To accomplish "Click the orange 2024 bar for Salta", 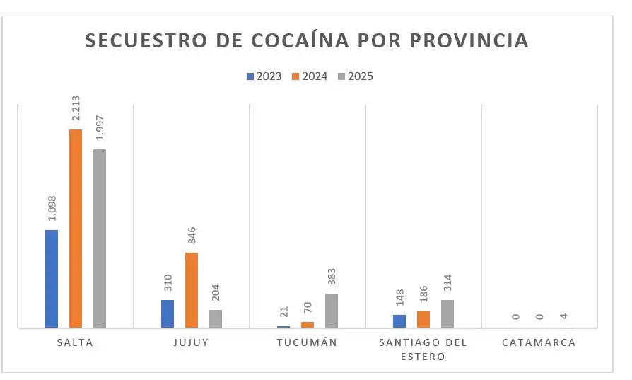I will point(75,229).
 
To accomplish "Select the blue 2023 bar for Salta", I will point(52,279).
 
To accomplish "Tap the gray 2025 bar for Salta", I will point(99,238).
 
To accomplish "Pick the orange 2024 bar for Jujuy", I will point(192,290).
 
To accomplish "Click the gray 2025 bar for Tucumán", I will point(332,311).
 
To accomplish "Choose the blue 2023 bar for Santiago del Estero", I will point(399,321).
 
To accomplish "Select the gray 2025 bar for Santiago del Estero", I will point(447,314).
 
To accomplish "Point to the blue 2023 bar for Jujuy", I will point(168,314).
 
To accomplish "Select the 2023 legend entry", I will point(264,76).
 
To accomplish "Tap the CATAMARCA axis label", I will point(539,342).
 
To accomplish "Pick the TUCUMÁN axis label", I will point(307,342).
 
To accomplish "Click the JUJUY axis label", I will point(190,342).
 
